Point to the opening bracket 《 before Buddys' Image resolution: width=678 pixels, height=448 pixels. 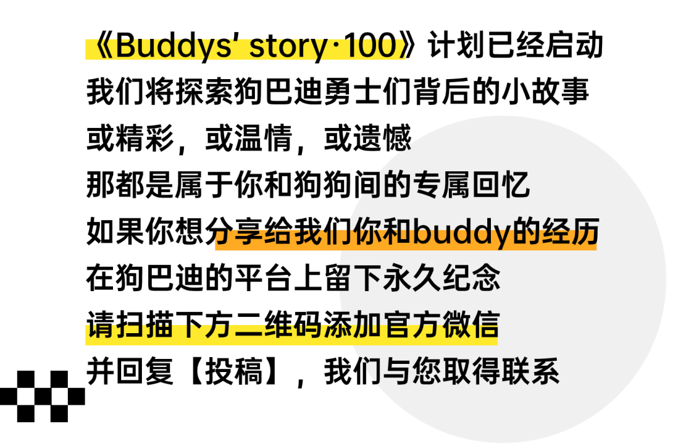tap(100, 48)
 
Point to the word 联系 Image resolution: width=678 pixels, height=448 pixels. tap(530, 371)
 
